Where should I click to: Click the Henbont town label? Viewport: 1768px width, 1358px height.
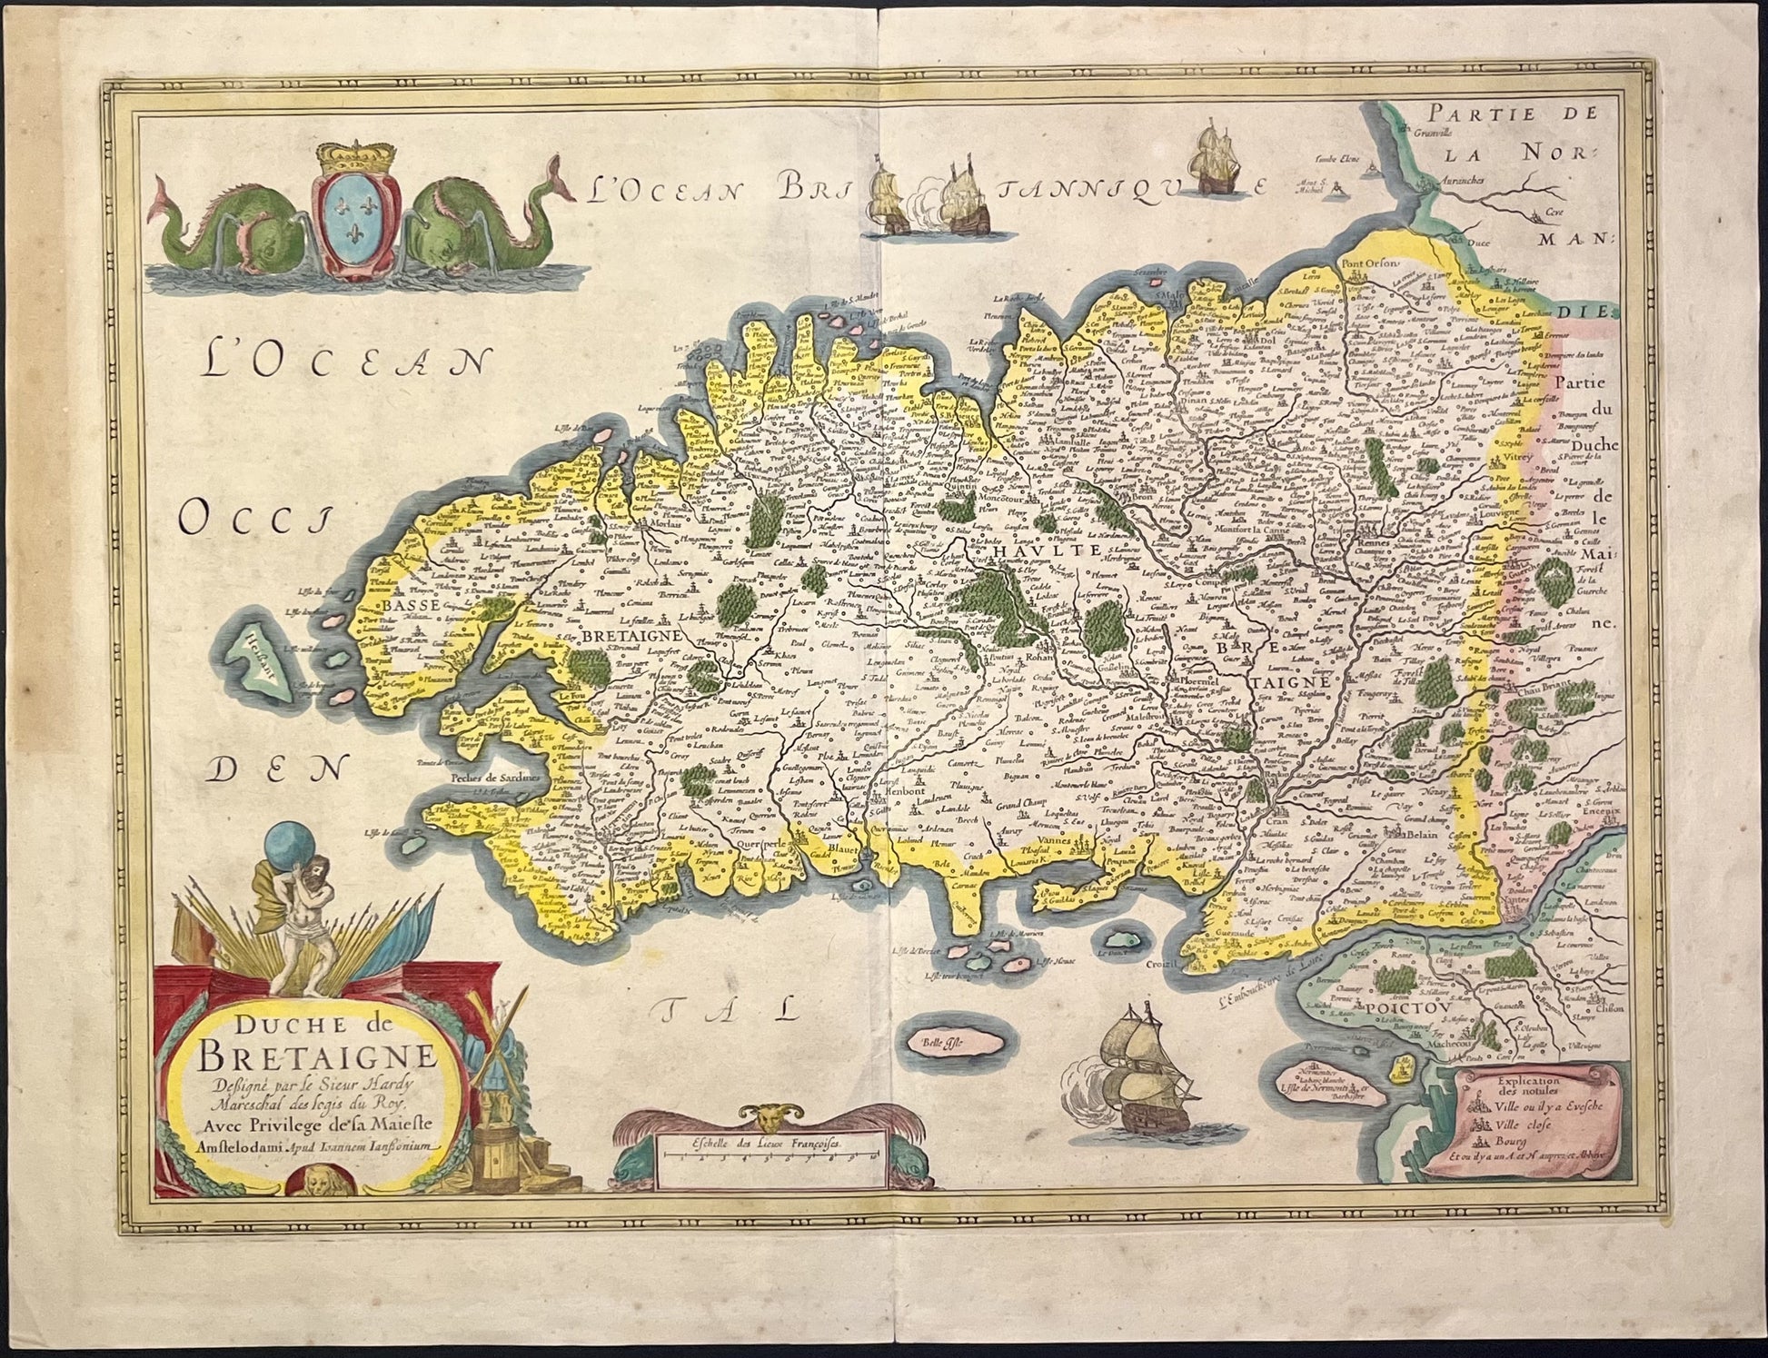tap(904, 791)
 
